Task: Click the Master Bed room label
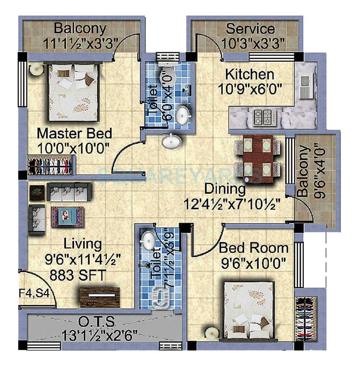point(74,133)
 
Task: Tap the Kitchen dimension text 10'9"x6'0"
point(250,88)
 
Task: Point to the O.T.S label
point(96,321)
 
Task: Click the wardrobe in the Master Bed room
point(51,165)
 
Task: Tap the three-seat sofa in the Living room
point(69,191)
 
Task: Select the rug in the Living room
point(67,216)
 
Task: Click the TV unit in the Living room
point(100,297)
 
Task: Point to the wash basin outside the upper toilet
point(171,141)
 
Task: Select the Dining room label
point(225,189)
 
